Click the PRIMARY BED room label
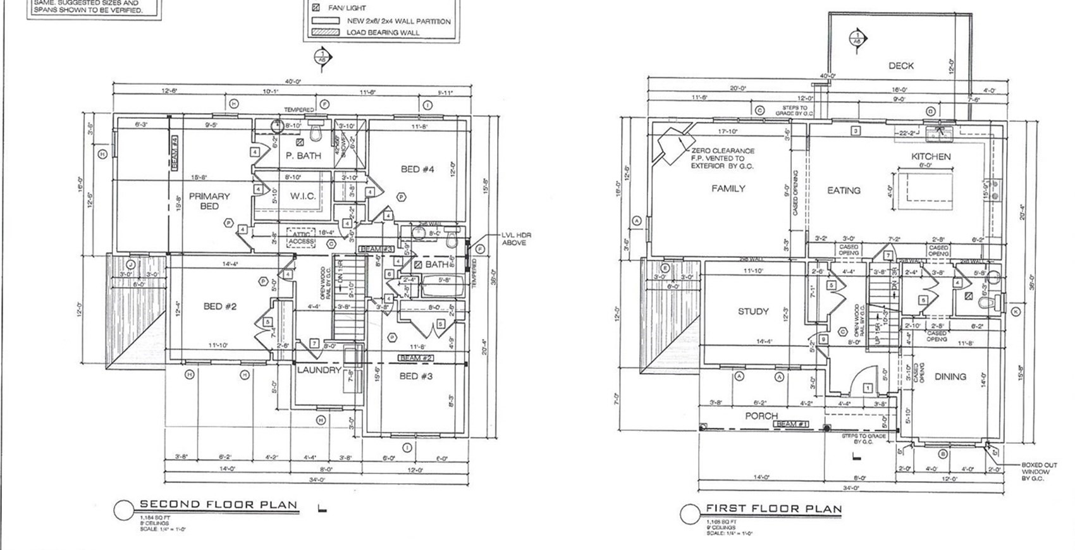pyautogui.click(x=209, y=201)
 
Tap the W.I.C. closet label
pyautogui.click(x=303, y=196)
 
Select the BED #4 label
pyautogui.click(x=418, y=169)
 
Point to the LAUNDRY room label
pyautogui.click(x=319, y=370)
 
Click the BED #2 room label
pyautogui.click(x=220, y=307)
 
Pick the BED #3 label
pyautogui.click(x=416, y=376)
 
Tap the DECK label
pyautogui.click(x=900, y=66)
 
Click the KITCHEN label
pyautogui.click(x=931, y=156)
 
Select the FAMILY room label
pyautogui.click(x=728, y=188)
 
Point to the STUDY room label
pyautogui.click(x=753, y=311)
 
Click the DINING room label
pyautogui.click(x=950, y=376)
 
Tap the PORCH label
pyautogui.click(x=761, y=416)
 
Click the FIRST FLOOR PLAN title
pyautogui.click(x=773, y=509)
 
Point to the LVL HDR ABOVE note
pyautogui.click(x=516, y=239)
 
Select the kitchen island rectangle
pyautogui.click(x=927, y=190)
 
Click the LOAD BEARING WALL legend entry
pyautogui.click(x=382, y=32)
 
